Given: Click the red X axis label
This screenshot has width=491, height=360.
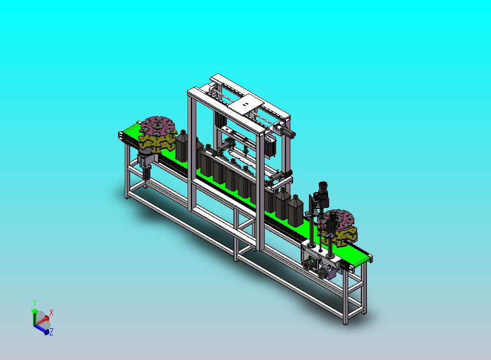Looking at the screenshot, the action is tap(51, 312).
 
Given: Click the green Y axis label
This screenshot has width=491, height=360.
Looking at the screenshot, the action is tap(34, 303).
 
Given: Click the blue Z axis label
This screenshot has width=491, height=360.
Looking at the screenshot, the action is tap(51, 332).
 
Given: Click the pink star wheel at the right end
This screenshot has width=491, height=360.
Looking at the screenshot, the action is tap(337, 219).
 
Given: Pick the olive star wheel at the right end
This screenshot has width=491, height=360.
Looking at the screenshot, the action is tap(340, 236).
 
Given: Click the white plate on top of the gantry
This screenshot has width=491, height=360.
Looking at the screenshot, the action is tap(246, 104).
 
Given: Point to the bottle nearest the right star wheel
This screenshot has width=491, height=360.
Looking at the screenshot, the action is tap(295, 210).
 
